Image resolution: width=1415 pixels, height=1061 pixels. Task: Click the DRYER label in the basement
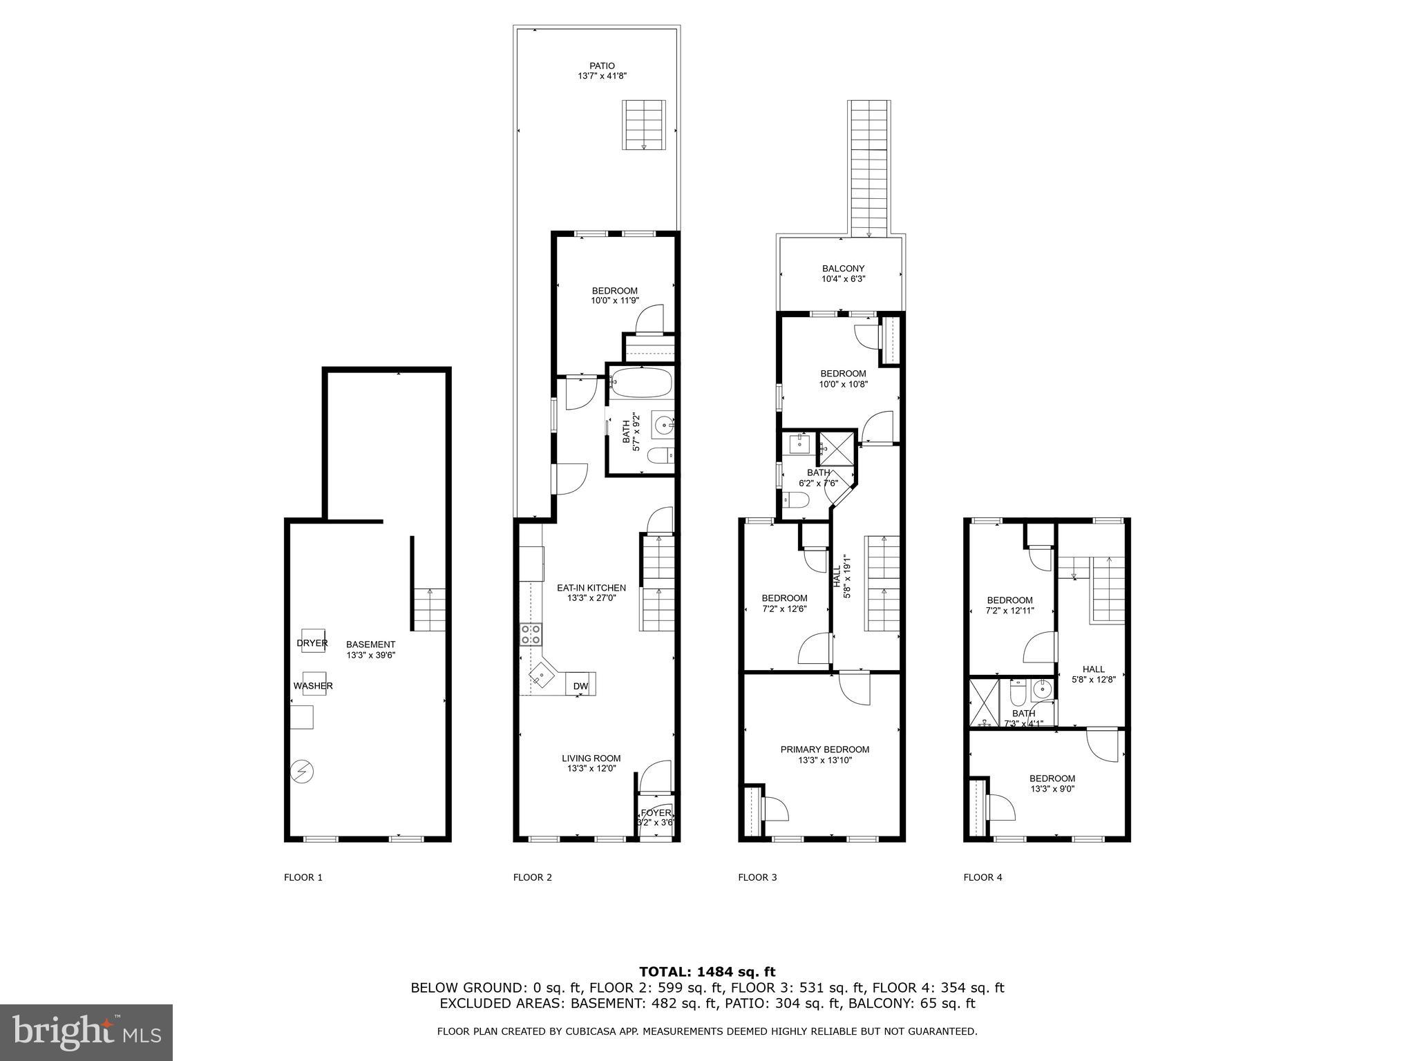coord(312,643)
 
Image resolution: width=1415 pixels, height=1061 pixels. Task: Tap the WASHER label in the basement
coord(313,686)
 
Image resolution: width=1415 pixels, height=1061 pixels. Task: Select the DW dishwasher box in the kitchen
coord(580,686)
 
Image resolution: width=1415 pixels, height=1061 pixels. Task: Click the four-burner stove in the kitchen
coord(531,635)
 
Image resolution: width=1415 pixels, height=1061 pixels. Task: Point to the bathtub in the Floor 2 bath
coord(642,382)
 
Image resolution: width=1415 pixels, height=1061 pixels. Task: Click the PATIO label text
coord(602,66)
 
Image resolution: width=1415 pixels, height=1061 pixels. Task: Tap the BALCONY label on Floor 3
coord(843,269)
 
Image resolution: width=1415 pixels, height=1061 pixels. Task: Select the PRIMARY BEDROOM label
coord(824,749)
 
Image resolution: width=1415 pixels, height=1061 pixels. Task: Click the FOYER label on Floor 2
coord(656,813)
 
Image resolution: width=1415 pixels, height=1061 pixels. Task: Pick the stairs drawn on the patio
coord(644,124)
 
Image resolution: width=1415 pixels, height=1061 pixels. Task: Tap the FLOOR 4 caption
coord(982,877)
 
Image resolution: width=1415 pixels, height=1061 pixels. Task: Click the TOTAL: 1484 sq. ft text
coord(707,972)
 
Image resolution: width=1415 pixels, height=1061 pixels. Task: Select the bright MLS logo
coord(86,1032)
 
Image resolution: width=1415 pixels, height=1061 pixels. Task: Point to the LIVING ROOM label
coord(591,758)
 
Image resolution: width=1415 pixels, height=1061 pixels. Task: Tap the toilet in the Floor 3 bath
coord(795,501)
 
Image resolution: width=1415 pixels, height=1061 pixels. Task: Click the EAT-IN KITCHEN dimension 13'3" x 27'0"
coord(591,598)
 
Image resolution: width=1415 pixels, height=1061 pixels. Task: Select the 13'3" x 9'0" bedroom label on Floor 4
coord(1052,788)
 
